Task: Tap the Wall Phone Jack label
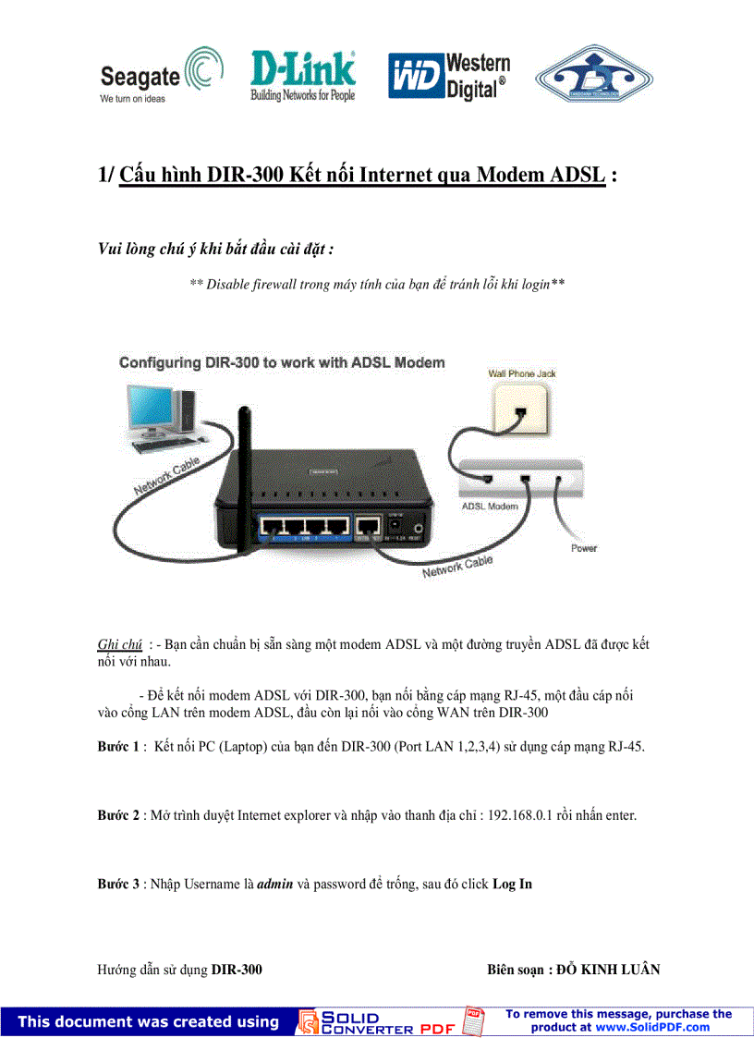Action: (x=521, y=373)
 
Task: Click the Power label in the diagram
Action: (x=583, y=548)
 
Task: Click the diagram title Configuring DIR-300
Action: (x=282, y=362)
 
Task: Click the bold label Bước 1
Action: (x=118, y=746)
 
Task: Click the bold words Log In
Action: (x=512, y=884)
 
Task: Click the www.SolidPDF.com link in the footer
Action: (x=651, y=1027)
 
